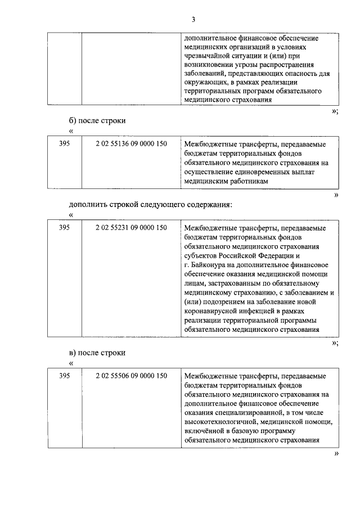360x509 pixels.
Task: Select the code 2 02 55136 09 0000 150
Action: point(131,144)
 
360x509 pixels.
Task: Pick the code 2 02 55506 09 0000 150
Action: point(131,375)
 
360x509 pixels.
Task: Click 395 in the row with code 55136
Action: point(65,144)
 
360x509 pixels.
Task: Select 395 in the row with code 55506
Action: point(65,375)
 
